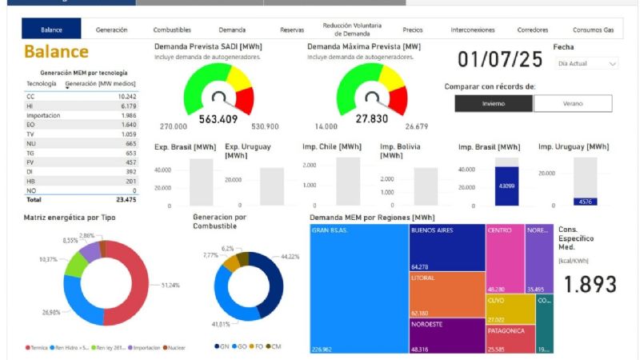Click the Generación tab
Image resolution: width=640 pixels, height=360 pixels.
point(111,30)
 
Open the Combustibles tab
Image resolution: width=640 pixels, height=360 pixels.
point(172,30)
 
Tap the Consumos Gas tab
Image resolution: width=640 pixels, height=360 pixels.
point(593,30)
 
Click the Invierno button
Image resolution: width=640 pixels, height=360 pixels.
point(493,103)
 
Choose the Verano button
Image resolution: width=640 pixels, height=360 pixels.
point(572,103)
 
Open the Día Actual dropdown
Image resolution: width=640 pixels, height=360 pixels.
point(588,63)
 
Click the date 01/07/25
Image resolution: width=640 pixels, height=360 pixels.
point(499,59)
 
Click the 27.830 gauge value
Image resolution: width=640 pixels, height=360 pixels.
point(372,119)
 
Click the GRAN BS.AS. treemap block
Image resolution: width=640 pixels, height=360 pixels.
point(358,288)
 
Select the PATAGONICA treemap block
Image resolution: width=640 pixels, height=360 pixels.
point(510,338)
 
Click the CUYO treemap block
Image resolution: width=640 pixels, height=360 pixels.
point(510,308)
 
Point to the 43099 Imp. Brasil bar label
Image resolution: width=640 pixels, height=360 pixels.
point(506,186)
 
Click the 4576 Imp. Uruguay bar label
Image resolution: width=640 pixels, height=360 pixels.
point(585,202)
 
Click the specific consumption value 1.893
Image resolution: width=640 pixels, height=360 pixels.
point(591,284)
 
